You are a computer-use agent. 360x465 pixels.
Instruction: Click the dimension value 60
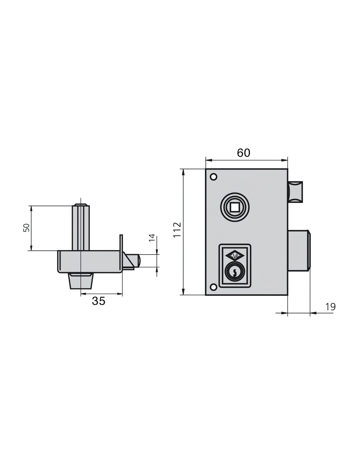pyautogui.click(x=243, y=153)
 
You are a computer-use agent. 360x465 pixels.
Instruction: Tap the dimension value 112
pyautogui.click(x=177, y=230)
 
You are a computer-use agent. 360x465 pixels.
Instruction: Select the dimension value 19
pyautogui.click(x=331, y=307)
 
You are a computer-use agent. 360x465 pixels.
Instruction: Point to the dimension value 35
pyautogui.click(x=99, y=301)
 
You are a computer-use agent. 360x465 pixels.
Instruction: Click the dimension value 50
pyautogui.click(x=26, y=228)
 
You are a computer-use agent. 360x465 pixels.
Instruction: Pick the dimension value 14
pyautogui.click(x=152, y=238)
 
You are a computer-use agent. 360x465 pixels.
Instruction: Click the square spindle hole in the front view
pyautogui.click(x=235, y=207)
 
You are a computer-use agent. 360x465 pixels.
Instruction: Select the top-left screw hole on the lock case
pyautogui.click(x=213, y=177)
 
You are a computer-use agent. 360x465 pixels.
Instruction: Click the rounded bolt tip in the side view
pyautogui.click(x=139, y=260)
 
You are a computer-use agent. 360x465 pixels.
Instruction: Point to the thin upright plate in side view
pyautogui.click(x=121, y=252)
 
